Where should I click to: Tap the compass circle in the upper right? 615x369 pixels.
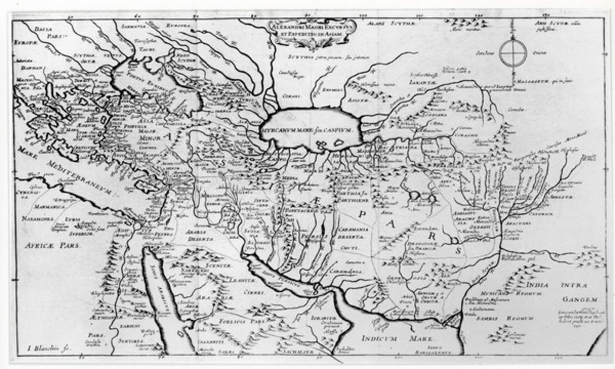(512, 52)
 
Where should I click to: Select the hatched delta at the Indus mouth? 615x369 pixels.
(451, 321)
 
